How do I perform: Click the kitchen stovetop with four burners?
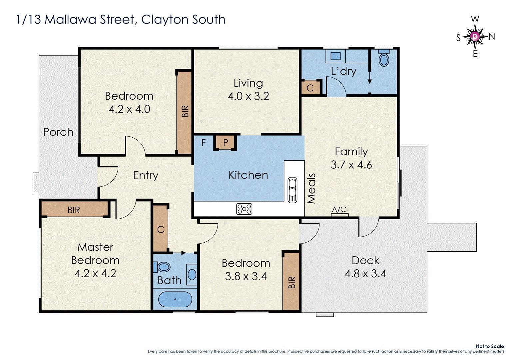[x=244, y=209]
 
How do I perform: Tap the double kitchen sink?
[x=292, y=190]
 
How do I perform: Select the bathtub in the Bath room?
[x=175, y=299]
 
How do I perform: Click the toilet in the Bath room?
[x=162, y=267]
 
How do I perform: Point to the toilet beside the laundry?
[x=384, y=59]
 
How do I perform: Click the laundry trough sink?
[x=335, y=56]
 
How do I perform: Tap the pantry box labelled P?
[x=226, y=143]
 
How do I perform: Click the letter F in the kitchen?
[x=204, y=143]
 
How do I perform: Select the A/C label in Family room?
[x=339, y=210]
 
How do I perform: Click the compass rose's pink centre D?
[x=475, y=36]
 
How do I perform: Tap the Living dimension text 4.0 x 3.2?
[x=248, y=96]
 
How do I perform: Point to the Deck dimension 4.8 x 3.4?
[x=365, y=274]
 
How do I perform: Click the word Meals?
[x=311, y=188]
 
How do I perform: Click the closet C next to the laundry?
[x=310, y=88]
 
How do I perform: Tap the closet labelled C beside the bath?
[x=161, y=229]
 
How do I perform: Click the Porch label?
[x=58, y=132]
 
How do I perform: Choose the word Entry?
[x=146, y=175]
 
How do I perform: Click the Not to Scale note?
[x=490, y=346]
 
